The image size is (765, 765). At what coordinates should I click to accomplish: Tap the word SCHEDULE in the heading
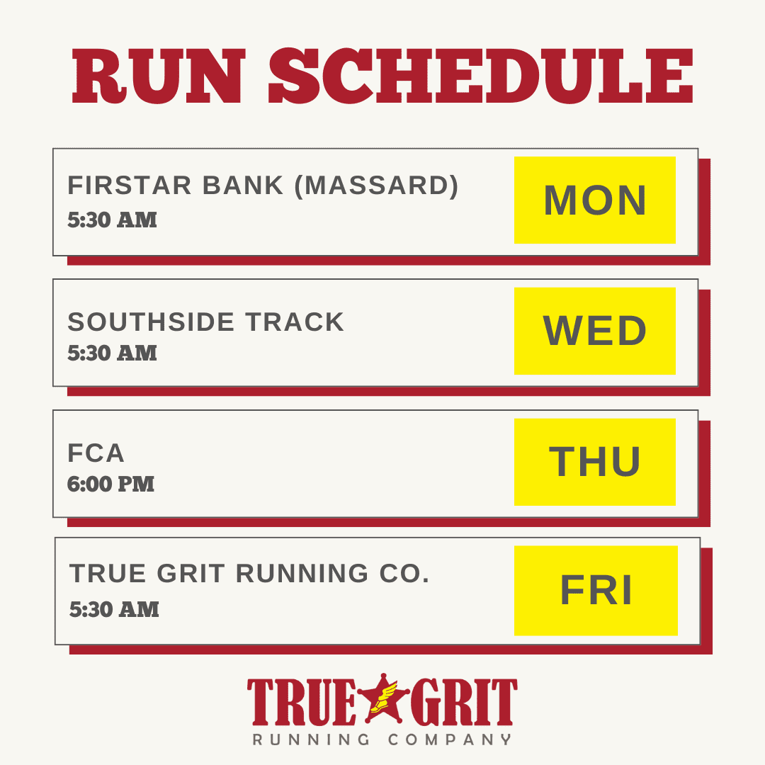pos(481,76)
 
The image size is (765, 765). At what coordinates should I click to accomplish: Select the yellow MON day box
pos(595,200)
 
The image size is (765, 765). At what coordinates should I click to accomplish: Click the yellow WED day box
pos(595,331)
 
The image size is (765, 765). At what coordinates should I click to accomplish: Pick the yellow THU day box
pos(595,462)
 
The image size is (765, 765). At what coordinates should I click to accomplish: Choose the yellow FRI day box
pos(596,590)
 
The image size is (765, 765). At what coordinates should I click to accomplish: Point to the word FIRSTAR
pos(130,186)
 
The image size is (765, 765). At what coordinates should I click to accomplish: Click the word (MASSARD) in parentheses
pos(377,186)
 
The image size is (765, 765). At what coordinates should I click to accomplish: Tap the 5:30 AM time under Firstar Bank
pos(112,220)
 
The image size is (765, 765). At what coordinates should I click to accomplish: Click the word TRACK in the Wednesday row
pos(295,322)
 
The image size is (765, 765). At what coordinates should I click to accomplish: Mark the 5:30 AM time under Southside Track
pos(112,353)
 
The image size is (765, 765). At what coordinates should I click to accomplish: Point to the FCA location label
pos(96,453)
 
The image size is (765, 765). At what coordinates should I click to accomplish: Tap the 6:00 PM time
pos(110,484)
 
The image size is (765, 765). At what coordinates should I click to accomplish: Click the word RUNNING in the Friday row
pos(302,573)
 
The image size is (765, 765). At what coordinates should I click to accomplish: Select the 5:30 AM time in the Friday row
pos(114,609)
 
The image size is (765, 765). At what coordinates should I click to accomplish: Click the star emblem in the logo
pos(383,698)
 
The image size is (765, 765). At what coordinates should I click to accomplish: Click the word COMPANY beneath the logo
pos(450,739)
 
